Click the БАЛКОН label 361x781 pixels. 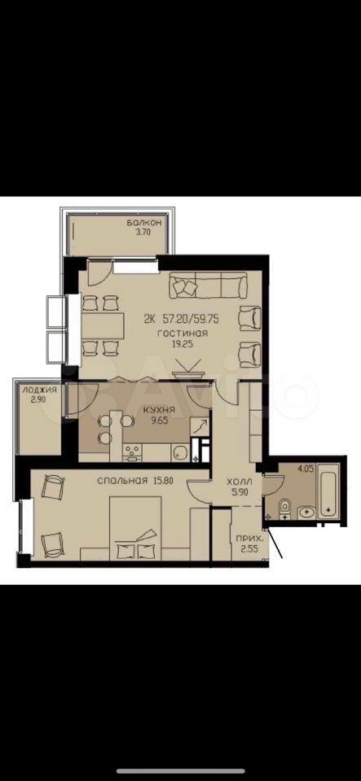(x=138, y=223)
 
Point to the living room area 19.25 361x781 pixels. (x=183, y=343)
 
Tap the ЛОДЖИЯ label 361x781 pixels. (x=36, y=390)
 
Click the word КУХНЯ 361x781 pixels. (x=158, y=410)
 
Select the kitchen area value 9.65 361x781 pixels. (x=159, y=420)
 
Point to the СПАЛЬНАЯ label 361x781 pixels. (x=123, y=481)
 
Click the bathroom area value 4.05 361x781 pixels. (x=305, y=469)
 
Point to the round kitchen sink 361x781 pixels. (x=179, y=452)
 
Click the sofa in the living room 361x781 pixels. (x=208, y=285)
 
